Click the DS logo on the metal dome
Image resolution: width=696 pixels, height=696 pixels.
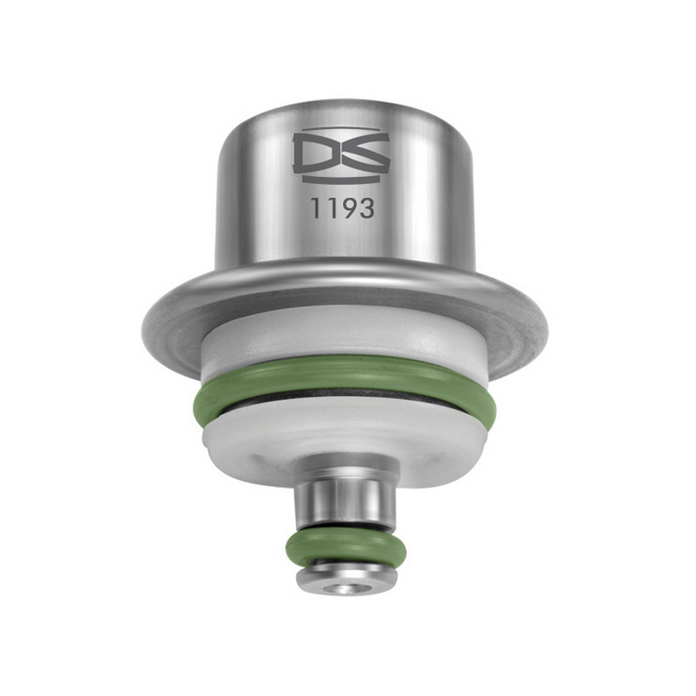(x=342, y=155)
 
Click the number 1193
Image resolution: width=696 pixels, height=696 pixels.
(x=343, y=208)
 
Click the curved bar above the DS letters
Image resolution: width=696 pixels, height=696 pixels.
(x=342, y=130)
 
